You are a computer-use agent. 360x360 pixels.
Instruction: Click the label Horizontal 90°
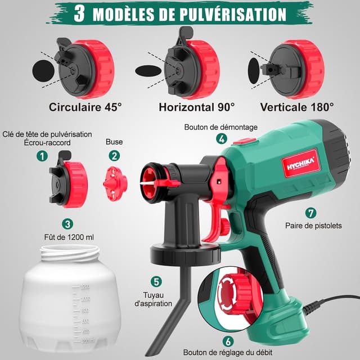coord(197,106)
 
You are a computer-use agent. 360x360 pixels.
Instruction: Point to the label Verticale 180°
coord(297,106)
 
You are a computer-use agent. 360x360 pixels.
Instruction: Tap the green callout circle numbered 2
coord(114,155)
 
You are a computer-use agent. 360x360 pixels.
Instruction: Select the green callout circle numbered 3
coord(67,224)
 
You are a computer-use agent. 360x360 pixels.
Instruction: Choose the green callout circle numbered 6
coord(228,341)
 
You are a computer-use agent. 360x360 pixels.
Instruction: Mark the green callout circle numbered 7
coord(309,213)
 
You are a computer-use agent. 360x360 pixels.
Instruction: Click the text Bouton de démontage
coord(220,127)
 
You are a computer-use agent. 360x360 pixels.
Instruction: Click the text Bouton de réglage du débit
coord(228,353)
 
